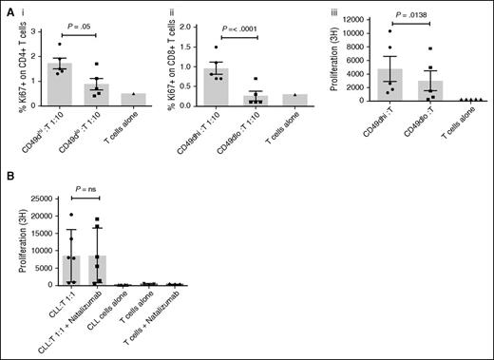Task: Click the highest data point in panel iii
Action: tap(390, 31)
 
